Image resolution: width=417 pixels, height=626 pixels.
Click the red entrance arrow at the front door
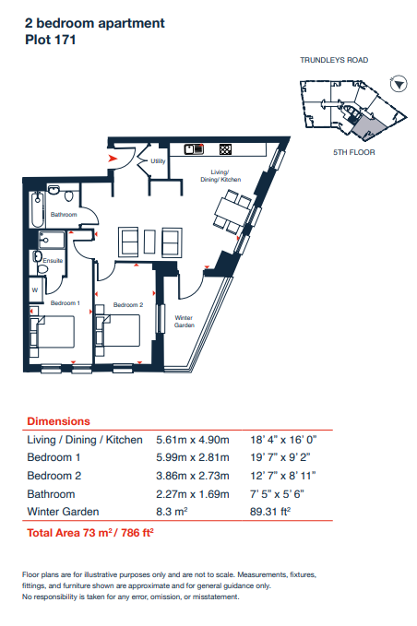[113, 159]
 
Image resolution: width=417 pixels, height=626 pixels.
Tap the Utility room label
[158, 161]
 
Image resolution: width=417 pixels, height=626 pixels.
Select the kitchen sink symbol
[194, 149]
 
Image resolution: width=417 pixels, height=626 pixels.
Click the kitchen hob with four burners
[226, 149]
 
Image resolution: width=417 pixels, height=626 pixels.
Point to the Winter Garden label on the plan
[185, 322]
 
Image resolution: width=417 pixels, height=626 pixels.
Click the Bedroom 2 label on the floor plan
[128, 304]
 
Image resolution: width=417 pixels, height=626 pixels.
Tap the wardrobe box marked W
[35, 289]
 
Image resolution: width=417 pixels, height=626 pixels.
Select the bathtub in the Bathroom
[38, 208]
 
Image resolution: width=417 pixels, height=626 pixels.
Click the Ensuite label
[53, 260]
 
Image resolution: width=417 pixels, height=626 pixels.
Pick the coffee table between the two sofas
[149, 242]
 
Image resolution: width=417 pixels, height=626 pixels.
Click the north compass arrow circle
[399, 84]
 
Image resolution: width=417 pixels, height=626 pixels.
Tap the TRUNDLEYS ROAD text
[334, 60]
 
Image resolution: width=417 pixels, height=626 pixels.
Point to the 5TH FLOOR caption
[354, 152]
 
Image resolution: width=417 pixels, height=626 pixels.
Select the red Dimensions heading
[58, 421]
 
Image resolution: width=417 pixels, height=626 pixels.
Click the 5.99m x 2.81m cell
[193, 457]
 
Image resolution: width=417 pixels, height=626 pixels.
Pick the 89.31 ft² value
[270, 512]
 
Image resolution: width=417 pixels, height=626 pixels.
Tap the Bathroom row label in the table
[51, 494]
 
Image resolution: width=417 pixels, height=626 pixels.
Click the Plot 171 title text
[51, 40]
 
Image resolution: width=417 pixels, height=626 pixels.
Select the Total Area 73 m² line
[90, 533]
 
